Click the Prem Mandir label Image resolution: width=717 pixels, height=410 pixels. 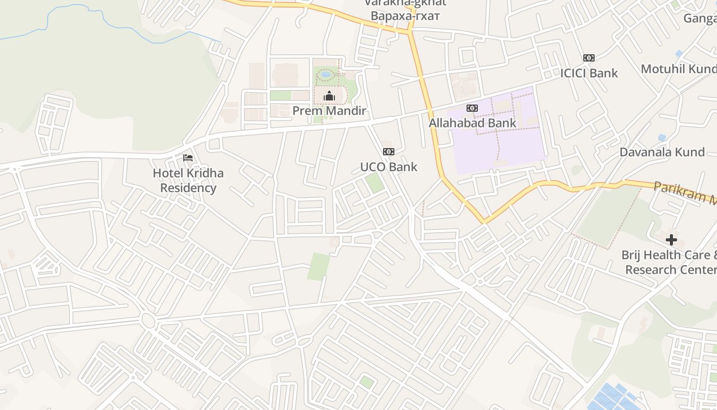click(x=329, y=111)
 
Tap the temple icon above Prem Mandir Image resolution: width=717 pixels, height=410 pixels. click(x=329, y=96)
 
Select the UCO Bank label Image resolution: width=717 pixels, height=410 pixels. click(x=389, y=167)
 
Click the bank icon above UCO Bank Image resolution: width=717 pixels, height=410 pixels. click(x=389, y=152)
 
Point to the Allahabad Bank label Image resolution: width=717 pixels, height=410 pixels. click(x=472, y=123)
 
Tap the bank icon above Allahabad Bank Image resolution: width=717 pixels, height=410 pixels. click(x=472, y=108)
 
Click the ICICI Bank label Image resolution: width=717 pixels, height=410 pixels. click(x=588, y=73)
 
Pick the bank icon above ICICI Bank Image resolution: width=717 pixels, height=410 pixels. click(x=588, y=58)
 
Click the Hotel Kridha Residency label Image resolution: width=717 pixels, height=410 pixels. click(x=188, y=180)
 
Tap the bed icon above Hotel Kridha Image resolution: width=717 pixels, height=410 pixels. click(x=188, y=158)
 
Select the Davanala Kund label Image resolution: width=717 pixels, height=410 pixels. click(x=662, y=152)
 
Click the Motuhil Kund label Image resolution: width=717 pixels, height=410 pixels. click(x=678, y=69)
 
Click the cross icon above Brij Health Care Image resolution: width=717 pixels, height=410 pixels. click(x=671, y=240)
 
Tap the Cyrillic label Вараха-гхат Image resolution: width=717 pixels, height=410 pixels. click(x=405, y=16)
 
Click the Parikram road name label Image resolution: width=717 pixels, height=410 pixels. click(x=684, y=193)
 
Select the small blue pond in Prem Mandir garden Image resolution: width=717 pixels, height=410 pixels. click(x=325, y=75)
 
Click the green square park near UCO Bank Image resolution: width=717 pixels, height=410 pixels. click(x=375, y=182)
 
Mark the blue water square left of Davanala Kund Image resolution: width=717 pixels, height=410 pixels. click(x=662, y=137)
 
